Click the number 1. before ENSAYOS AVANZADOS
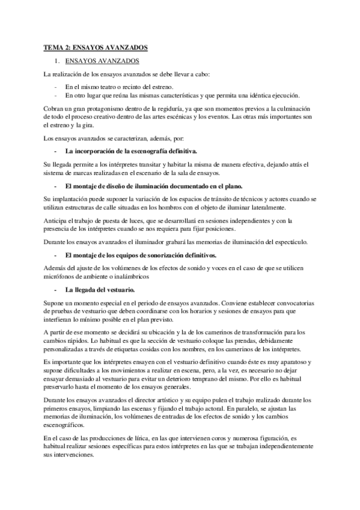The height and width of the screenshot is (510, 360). tap(56, 61)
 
